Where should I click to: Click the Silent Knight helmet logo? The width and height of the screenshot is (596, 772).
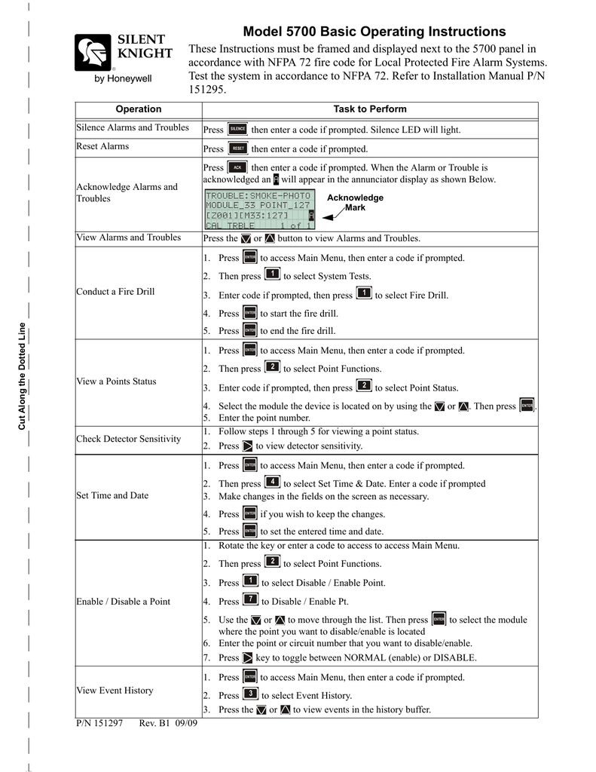click(x=92, y=54)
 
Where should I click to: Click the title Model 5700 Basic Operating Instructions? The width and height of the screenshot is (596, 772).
click(x=374, y=32)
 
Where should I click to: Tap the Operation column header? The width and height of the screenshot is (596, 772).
click(x=139, y=109)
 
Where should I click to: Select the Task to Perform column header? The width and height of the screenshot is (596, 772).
click(x=370, y=109)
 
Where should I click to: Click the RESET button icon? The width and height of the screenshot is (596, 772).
click(x=237, y=149)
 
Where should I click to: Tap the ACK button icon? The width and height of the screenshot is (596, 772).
click(x=237, y=167)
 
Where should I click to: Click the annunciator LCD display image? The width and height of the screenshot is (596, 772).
click(x=259, y=210)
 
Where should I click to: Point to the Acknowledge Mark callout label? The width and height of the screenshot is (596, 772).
click(x=355, y=202)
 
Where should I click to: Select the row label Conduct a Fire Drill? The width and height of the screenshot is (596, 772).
click(x=115, y=292)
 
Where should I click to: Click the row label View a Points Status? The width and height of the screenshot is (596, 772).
click(x=116, y=381)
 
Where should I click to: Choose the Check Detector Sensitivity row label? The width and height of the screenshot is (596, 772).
click(x=129, y=439)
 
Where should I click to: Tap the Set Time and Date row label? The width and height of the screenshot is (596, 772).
click(x=112, y=496)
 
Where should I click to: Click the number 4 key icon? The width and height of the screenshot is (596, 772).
click(x=273, y=482)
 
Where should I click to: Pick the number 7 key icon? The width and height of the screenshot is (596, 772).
click(x=251, y=601)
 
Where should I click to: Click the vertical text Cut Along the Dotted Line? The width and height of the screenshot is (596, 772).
click(x=23, y=377)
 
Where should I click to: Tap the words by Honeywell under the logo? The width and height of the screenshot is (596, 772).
click(x=122, y=78)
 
